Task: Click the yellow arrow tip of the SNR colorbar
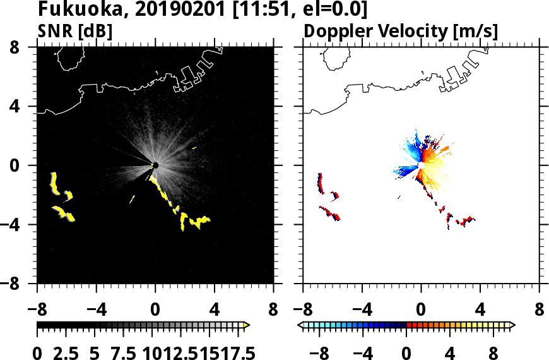[x=247, y=325]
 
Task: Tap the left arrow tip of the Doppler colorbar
[x=300, y=325]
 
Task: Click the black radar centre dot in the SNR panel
[x=155, y=165]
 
